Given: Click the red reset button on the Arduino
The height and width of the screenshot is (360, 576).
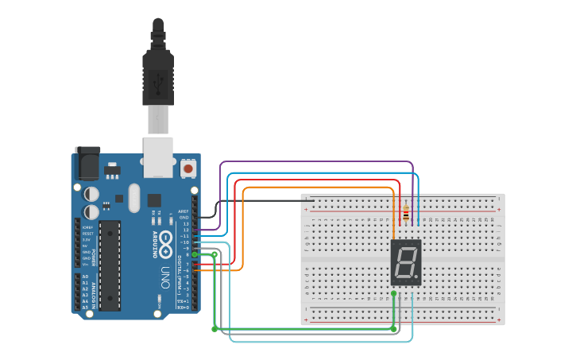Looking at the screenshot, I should point(188,168).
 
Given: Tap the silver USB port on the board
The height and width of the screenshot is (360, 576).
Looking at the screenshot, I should point(158,157).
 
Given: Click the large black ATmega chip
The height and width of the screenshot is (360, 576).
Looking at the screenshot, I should point(110,265).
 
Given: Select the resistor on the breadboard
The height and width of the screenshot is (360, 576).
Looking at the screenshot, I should point(406,213).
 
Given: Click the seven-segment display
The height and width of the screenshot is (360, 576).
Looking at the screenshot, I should point(405,262).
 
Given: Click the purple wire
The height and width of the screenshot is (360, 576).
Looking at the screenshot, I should point(318,162).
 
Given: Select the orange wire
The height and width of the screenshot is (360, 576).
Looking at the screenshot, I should point(318,188).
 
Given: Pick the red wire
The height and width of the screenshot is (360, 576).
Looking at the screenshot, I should point(318,180).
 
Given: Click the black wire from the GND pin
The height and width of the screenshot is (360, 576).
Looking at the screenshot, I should point(262,201).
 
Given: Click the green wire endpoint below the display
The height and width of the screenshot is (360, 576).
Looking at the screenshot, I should point(393,294).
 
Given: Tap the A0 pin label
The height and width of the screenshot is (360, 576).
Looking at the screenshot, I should point(86,277).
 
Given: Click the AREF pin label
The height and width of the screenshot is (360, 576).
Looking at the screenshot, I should point(184,211).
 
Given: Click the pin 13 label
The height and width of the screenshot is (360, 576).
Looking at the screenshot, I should point(185,224).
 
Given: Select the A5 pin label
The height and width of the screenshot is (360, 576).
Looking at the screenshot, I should point(86,307).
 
